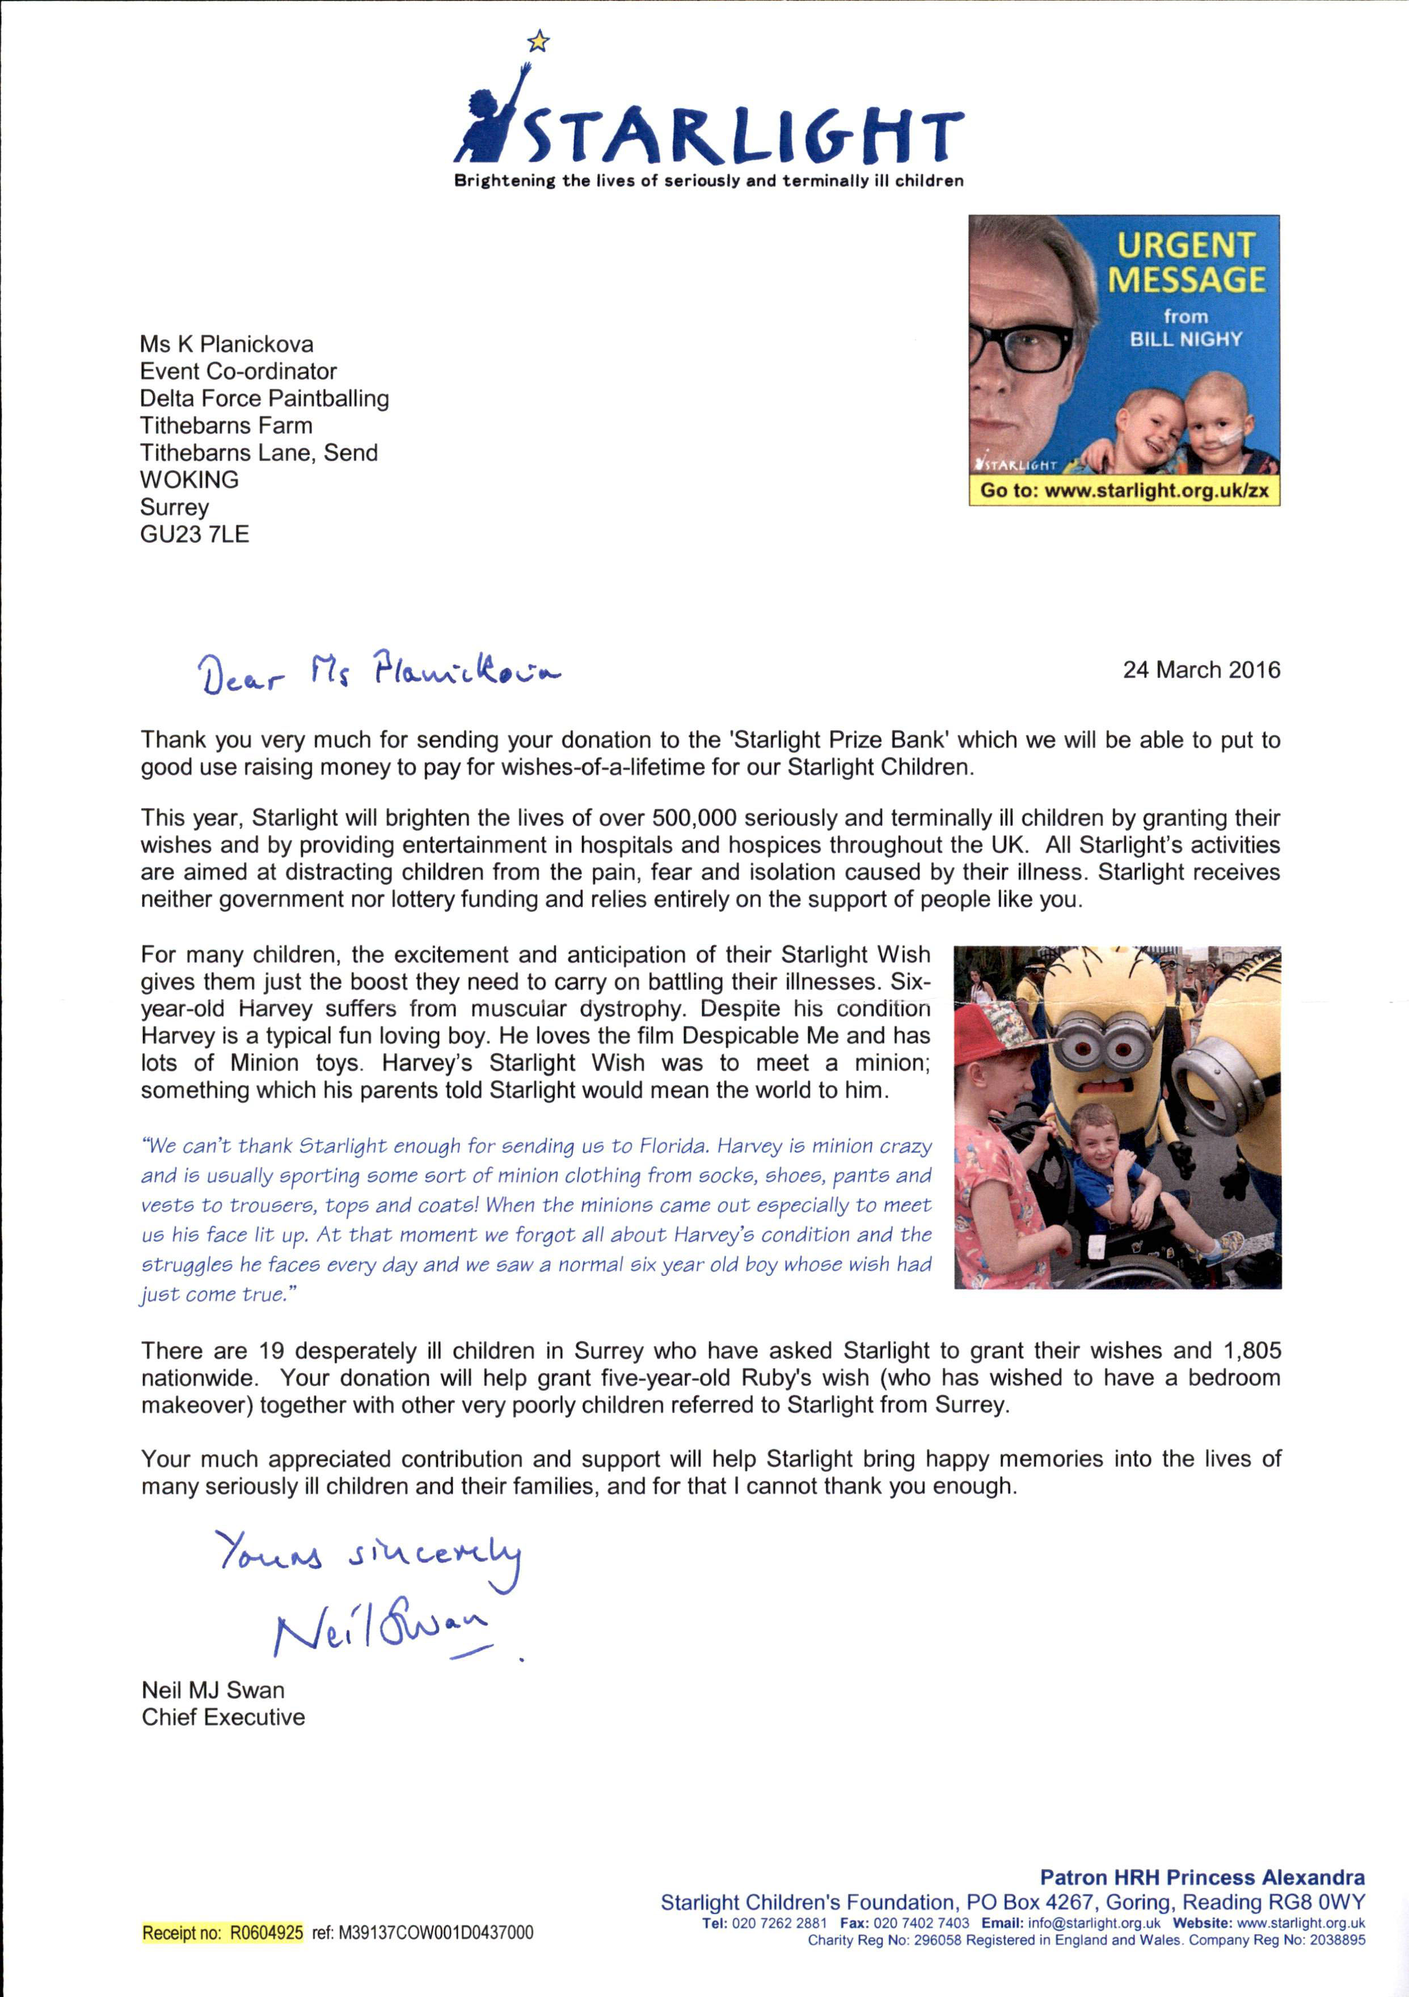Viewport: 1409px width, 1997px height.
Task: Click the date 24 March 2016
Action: click(1201, 669)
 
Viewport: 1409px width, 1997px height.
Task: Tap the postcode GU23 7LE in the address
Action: click(195, 534)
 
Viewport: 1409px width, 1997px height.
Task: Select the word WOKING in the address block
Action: click(189, 480)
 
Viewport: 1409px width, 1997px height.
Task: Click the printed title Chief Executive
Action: click(223, 1718)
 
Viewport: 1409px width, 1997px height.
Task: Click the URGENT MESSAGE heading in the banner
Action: click(1186, 263)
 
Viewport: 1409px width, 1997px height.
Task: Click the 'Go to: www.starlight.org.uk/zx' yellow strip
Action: click(1124, 491)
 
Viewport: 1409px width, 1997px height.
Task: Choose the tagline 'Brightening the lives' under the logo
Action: click(709, 182)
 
